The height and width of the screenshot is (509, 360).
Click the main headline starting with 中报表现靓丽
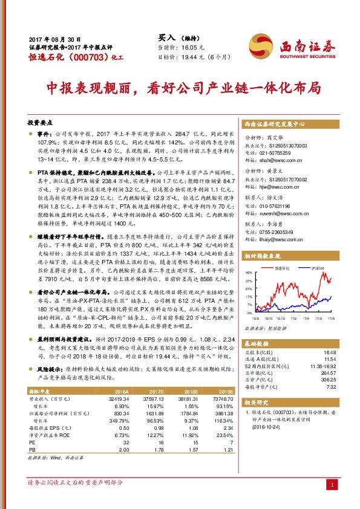180,87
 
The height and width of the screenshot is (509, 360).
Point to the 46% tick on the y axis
248,272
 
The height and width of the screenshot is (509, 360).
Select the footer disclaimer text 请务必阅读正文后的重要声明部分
75,482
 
